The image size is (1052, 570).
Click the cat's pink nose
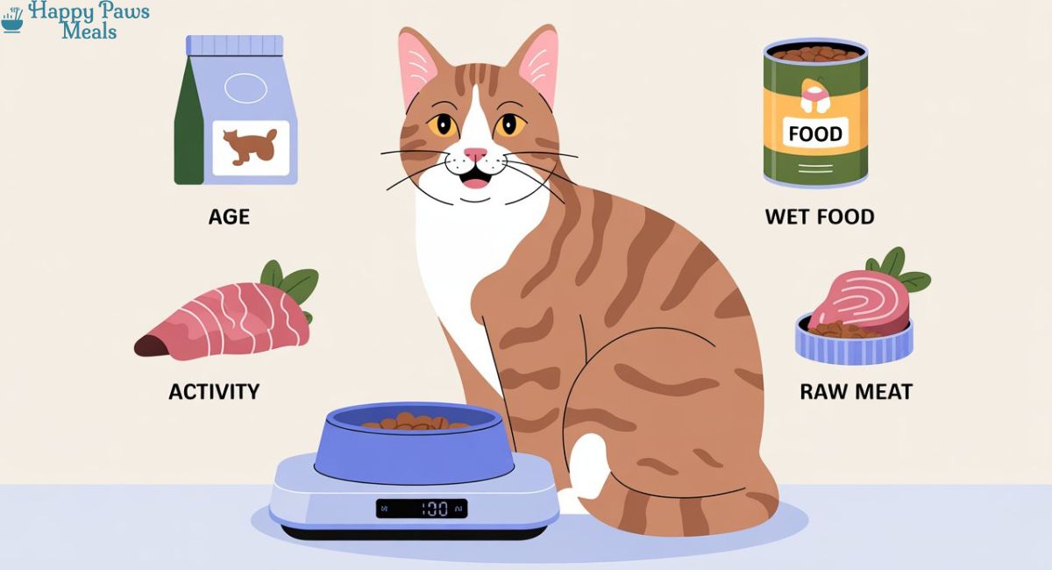tap(475, 153)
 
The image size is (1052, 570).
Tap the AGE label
tap(229, 217)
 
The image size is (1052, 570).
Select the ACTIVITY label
tap(214, 392)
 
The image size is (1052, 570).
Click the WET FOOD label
tap(820, 217)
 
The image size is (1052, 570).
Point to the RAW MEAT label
tap(857, 392)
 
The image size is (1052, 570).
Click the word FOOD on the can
tap(815, 134)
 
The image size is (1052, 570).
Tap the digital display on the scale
tap(422, 509)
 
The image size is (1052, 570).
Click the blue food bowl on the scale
tap(413, 443)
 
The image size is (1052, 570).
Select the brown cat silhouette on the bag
tap(250, 146)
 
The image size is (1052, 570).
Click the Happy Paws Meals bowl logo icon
tap(12, 20)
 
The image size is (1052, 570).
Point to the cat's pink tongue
tap(475, 182)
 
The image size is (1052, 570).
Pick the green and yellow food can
tap(815, 114)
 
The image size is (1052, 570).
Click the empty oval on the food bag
tap(245, 88)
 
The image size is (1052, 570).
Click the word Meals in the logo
tap(89, 32)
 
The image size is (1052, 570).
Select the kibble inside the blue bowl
tap(416, 422)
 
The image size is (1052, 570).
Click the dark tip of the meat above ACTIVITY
tap(147, 346)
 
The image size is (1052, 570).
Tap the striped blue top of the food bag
tap(235, 45)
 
